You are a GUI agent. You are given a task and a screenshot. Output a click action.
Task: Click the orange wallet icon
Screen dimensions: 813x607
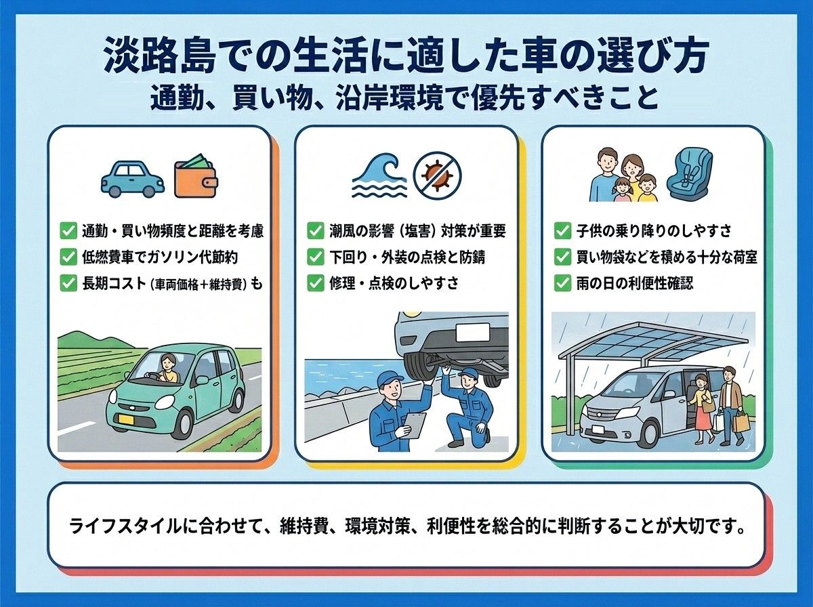(x=196, y=176)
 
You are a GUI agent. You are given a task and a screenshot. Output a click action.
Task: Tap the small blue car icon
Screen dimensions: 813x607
(x=133, y=178)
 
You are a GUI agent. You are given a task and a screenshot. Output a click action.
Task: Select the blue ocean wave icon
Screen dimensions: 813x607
(x=379, y=175)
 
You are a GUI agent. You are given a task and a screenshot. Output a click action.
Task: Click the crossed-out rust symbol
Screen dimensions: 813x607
(x=438, y=175)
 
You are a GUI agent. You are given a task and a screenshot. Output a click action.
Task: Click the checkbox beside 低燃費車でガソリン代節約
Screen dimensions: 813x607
(x=68, y=257)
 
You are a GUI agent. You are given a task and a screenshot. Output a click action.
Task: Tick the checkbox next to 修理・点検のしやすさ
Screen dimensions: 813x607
(x=315, y=283)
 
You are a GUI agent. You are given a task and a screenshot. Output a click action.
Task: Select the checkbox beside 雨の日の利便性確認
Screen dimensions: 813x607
(x=562, y=283)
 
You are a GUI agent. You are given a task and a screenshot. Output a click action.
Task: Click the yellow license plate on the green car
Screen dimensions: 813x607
(x=126, y=419)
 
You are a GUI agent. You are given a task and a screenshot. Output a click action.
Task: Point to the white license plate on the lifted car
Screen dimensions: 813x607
(x=473, y=333)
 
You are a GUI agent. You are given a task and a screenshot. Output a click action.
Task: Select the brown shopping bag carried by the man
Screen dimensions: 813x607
(x=740, y=421)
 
